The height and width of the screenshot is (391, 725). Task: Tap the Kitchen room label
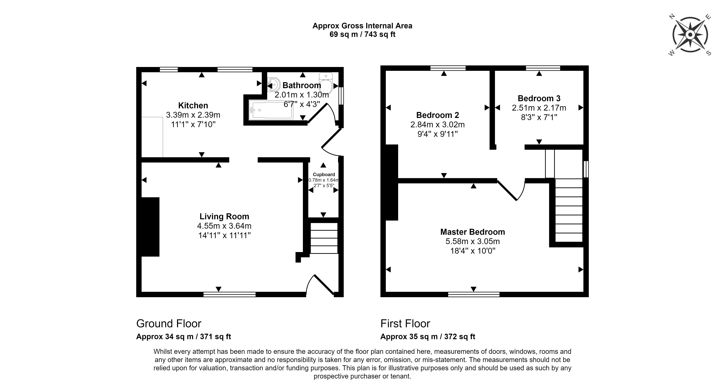(193, 105)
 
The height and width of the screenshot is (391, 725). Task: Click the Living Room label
(224, 216)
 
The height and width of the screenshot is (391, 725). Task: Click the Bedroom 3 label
(539, 98)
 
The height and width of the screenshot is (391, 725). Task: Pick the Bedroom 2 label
(438, 115)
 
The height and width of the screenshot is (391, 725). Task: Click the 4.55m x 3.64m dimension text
(224, 226)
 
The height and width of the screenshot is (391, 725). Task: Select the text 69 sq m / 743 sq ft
(363, 34)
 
